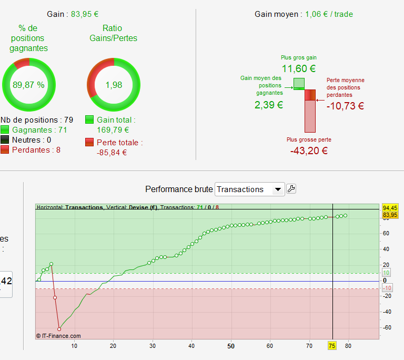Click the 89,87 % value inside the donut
[x=29, y=85]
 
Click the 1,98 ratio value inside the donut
[x=113, y=85]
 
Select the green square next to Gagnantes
[x=5, y=130]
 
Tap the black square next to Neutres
[x=5, y=140]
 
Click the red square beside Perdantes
[x=5, y=150]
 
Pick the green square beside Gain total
[x=89, y=120]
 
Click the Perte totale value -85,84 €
[x=112, y=153]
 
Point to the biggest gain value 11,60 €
[x=299, y=68]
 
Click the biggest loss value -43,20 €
[x=309, y=151]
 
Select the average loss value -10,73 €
[x=345, y=105]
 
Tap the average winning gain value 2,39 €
[x=269, y=105]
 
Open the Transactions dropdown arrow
[x=278, y=189]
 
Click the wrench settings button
[x=291, y=189]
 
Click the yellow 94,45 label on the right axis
[x=390, y=207]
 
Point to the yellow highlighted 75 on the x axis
[x=332, y=346]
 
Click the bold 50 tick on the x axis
[x=231, y=346]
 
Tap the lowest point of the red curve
[x=59, y=329]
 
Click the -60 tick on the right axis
[x=387, y=327]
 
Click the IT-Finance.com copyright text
[x=58, y=335]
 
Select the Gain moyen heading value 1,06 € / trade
[x=329, y=14]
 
